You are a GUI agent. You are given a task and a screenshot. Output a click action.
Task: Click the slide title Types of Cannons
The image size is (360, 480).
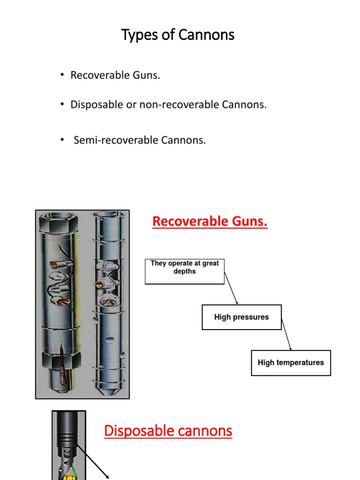[178, 34]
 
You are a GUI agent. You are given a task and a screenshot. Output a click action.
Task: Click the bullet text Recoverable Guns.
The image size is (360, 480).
[115, 75]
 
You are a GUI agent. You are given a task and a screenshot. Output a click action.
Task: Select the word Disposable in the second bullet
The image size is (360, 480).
[91, 105]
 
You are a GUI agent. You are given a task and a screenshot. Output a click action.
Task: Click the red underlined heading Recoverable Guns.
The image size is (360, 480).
[210, 221]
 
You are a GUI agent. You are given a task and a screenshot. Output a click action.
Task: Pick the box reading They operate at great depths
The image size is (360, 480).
[185, 271]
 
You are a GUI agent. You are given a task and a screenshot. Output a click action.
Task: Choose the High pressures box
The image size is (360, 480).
[241, 317]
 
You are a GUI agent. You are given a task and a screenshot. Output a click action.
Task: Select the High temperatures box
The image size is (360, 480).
[291, 363]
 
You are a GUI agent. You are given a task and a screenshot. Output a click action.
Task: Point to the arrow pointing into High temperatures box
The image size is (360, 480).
[287, 335]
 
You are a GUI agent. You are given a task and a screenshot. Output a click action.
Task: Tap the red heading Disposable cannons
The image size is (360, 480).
[168, 430]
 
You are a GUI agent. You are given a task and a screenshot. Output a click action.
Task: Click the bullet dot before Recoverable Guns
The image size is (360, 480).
[62, 75]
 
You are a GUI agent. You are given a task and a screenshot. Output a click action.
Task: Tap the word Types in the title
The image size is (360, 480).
[136, 34]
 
